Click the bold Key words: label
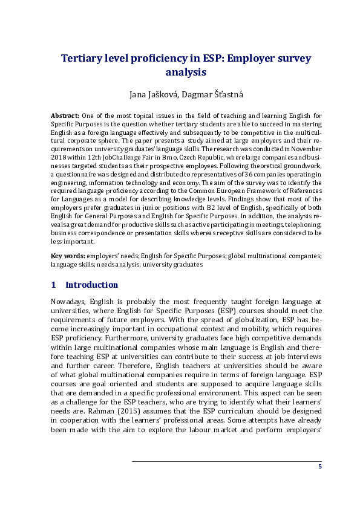tap(68, 256)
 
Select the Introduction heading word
tap(91, 285)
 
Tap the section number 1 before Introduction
tap(54, 285)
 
